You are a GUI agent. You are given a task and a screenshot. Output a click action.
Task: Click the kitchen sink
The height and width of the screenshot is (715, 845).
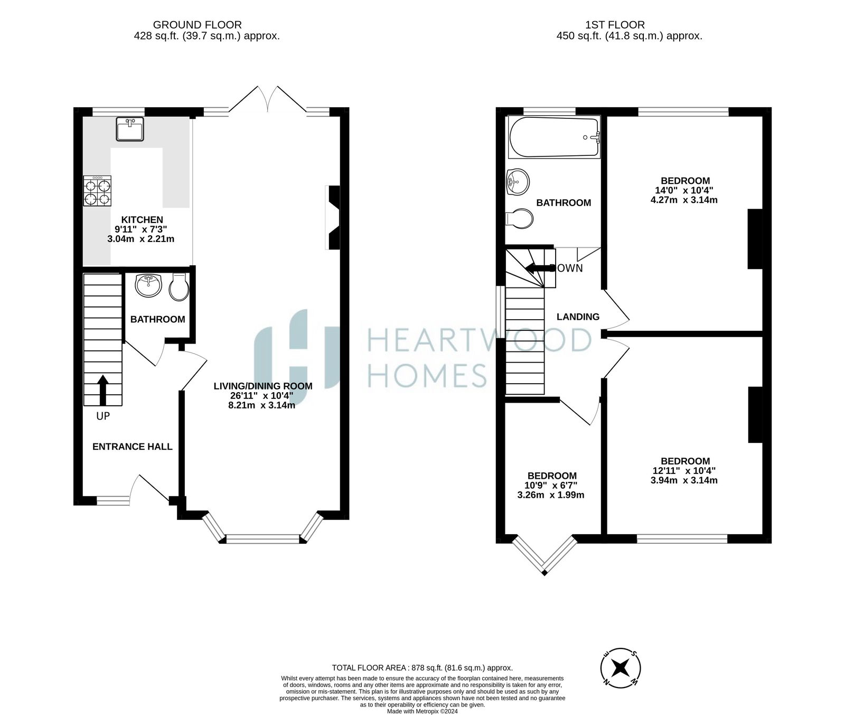click(130, 129)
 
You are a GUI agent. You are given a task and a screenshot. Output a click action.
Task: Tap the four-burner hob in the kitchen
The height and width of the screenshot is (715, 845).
click(97, 191)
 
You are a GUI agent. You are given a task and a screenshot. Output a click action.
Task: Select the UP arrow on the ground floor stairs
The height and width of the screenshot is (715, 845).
click(102, 390)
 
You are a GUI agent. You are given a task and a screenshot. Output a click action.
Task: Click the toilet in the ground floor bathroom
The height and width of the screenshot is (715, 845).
click(179, 287)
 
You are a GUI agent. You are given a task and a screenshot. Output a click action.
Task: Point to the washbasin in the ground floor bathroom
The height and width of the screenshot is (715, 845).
click(149, 285)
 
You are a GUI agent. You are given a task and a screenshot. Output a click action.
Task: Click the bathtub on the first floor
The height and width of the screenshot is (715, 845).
click(554, 137)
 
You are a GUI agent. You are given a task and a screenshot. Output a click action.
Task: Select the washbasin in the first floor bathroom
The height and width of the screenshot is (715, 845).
click(517, 182)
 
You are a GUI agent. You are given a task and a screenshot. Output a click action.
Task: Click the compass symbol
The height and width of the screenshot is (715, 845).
click(622, 667)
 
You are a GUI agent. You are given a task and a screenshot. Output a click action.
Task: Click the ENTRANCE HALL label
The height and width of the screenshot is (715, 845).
click(133, 447)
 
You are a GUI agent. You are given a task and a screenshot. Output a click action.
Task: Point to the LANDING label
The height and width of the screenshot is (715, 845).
click(578, 317)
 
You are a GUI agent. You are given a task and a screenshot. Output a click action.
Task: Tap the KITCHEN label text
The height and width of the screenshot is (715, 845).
click(142, 220)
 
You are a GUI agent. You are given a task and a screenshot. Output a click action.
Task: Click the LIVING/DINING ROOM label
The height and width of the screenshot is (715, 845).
click(263, 386)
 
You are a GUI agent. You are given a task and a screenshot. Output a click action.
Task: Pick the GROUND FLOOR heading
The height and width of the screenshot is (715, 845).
click(198, 24)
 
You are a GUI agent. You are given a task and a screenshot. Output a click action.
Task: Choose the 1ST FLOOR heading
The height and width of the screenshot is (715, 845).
click(615, 24)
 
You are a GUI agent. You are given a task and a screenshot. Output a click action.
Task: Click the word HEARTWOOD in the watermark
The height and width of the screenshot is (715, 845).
click(479, 340)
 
